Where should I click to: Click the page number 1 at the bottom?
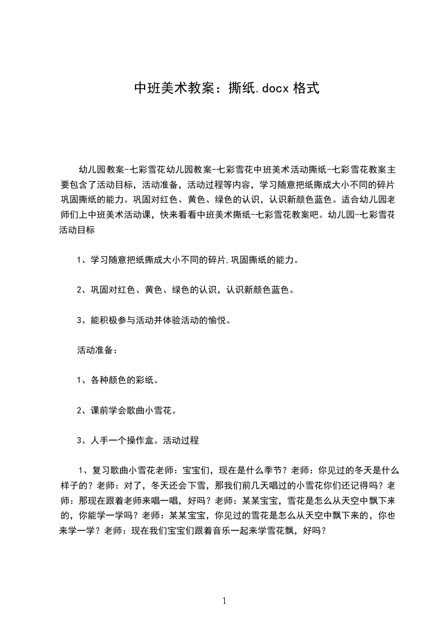click(224, 601)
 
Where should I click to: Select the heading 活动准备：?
click(97, 350)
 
